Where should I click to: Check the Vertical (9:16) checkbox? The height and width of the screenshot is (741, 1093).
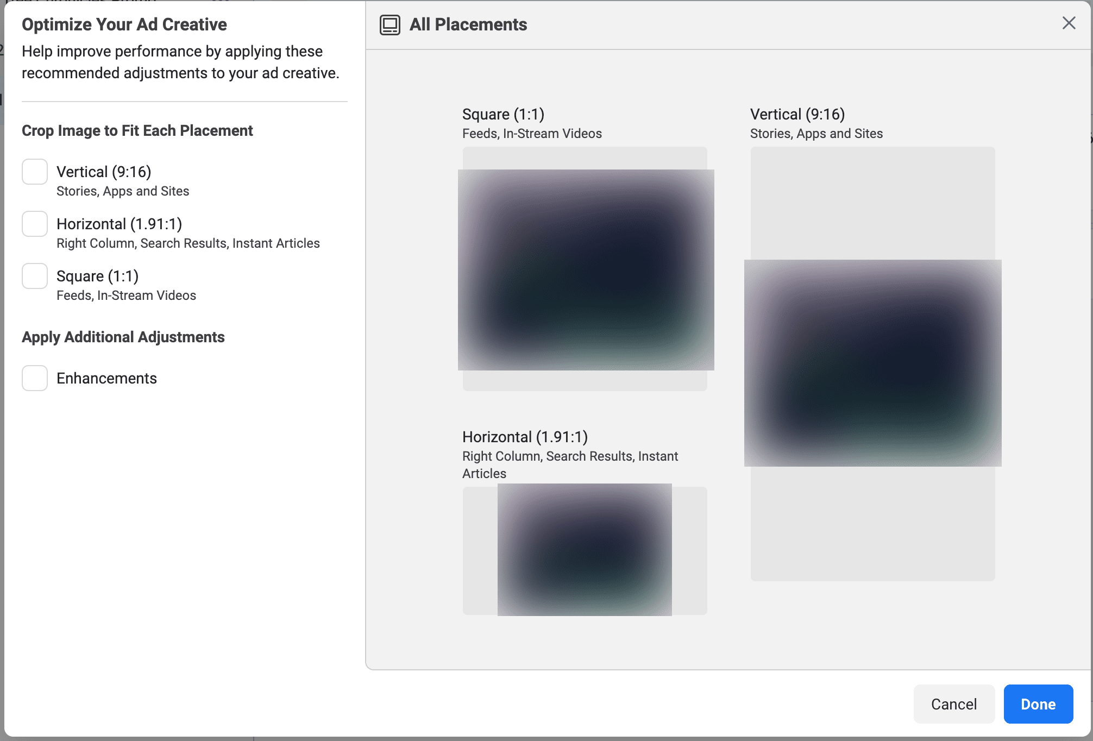(35, 172)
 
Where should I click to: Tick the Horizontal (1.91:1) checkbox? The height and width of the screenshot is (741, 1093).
(35, 224)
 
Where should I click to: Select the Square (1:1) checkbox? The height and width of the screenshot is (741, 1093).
(35, 276)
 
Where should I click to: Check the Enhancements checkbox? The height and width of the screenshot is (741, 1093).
(35, 378)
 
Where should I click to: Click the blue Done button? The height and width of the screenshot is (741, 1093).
(1038, 704)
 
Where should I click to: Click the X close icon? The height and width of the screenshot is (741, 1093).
(1069, 23)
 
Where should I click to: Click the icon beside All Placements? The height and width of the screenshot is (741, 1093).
(390, 25)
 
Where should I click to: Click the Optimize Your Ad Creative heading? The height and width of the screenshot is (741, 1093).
(124, 24)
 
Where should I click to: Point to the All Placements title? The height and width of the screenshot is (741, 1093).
(468, 24)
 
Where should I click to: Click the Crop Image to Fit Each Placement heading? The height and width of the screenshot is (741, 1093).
(137, 130)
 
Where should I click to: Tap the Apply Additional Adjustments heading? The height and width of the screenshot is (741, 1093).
(123, 337)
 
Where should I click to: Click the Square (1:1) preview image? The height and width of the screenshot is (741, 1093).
(586, 270)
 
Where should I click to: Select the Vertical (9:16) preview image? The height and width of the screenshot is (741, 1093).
(873, 363)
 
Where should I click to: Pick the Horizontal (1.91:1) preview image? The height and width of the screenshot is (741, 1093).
(585, 550)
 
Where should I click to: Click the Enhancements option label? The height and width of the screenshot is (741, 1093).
(106, 378)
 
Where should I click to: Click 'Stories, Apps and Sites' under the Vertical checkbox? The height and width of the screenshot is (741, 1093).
(123, 191)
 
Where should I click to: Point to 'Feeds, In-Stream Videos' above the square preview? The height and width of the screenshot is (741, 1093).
(532, 134)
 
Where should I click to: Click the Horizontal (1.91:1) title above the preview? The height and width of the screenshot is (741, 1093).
(525, 437)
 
